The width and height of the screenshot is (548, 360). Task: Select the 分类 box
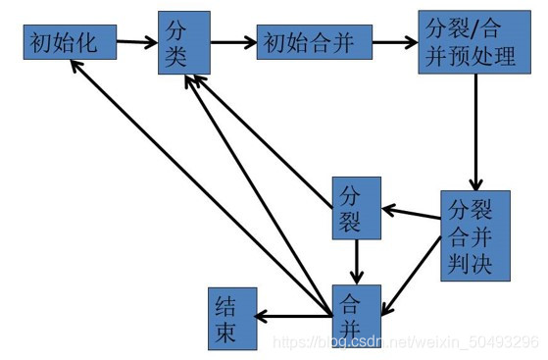tap(183, 43)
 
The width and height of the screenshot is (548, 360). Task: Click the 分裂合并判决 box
tap(474, 235)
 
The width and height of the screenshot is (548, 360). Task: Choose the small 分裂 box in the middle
tap(356, 207)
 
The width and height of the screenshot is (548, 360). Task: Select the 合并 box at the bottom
tap(356, 315)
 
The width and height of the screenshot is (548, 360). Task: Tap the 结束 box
tap(232, 317)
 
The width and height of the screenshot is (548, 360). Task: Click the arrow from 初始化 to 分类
tap(136, 43)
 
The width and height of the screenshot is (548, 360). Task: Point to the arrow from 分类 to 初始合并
tap(233, 43)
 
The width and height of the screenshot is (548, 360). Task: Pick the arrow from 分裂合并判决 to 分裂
tap(411, 210)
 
